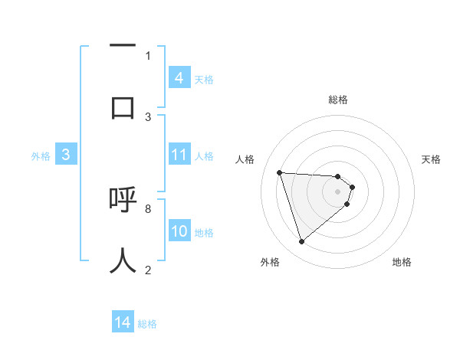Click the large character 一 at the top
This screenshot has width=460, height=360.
pos(123,47)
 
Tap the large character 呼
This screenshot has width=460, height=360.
pos(123,201)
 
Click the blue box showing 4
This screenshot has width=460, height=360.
pos(179,78)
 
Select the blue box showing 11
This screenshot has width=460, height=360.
pos(179,155)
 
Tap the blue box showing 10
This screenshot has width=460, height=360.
pos(179,232)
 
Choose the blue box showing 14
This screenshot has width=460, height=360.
pos(123,323)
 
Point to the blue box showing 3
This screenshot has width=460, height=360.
pos(66,155)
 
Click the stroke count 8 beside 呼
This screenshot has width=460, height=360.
pos(148,208)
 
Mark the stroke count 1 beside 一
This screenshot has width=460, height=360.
pos(148,55)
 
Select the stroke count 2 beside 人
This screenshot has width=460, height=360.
pos(148,270)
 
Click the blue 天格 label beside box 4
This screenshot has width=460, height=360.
pos(204,79)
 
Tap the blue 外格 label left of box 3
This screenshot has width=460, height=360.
pos(41,156)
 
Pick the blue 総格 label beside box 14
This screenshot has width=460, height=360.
pos(147,324)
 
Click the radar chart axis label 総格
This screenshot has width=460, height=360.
pos(338,100)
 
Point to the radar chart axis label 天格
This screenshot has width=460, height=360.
pos(432,159)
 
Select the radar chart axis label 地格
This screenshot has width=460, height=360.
pos(402,262)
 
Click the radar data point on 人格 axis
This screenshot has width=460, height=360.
pos(280,172)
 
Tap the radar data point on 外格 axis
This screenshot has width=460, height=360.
pos(301,242)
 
